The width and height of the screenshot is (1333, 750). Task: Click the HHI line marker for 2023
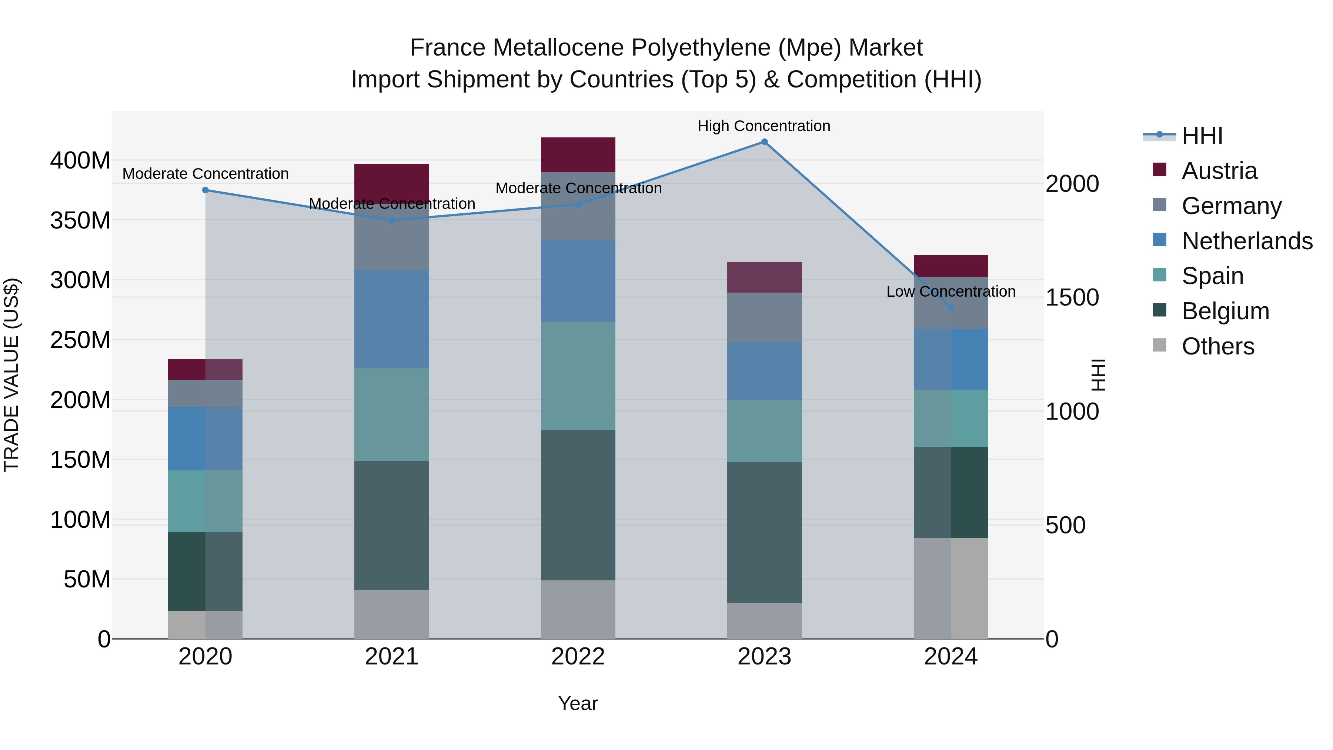(x=764, y=142)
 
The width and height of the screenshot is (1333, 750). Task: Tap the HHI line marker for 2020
(x=206, y=190)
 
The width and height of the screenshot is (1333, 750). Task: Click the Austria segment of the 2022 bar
(x=578, y=155)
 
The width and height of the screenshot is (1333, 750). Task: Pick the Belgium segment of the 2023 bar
(x=764, y=532)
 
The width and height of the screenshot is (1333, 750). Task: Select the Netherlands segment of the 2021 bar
(x=392, y=319)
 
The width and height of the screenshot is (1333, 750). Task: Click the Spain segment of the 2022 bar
(x=578, y=376)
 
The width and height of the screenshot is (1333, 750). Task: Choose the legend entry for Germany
(x=1231, y=206)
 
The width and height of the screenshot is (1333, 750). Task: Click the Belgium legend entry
(x=1225, y=311)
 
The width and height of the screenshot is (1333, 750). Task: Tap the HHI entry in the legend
(x=1202, y=136)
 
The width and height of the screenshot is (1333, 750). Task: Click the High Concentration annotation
(x=764, y=126)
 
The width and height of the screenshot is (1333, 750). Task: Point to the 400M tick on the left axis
(x=80, y=160)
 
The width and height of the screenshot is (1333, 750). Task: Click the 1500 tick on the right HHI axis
(x=1072, y=298)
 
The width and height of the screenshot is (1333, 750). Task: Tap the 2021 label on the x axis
(x=392, y=657)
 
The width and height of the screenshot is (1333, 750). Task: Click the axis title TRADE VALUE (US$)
(x=11, y=375)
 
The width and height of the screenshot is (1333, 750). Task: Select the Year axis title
(x=578, y=703)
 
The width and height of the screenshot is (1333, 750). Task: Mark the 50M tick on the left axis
(x=87, y=579)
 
